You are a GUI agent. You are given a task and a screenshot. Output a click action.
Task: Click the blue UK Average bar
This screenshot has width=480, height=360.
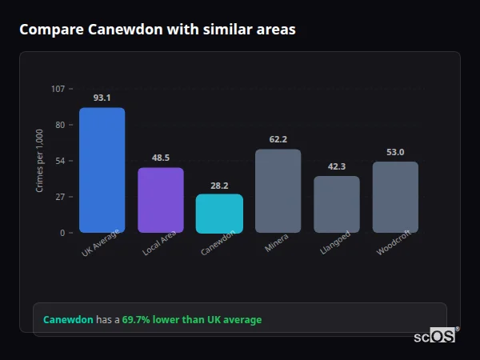coord(102,170)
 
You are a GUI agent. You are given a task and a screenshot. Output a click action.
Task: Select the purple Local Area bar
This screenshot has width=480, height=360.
coord(161,200)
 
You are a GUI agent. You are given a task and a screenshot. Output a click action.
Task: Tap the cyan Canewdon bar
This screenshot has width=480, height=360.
coord(219,214)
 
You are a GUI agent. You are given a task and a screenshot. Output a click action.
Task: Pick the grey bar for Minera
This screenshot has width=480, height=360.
coord(278,190)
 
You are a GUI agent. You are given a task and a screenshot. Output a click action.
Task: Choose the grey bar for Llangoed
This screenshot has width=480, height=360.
coord(337,204)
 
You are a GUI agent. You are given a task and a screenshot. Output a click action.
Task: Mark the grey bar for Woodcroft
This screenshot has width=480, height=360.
coord(395,197)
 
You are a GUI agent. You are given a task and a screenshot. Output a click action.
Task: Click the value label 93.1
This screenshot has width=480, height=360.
coord(102,98)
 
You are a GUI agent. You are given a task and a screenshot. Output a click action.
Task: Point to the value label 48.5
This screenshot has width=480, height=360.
coord(161,158)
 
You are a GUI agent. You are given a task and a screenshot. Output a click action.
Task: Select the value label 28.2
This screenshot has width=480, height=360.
coord(219,185)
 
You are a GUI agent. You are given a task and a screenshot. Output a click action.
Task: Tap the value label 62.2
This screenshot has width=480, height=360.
coord(278,139)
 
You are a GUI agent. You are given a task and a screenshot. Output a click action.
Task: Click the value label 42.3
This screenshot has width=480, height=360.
coord(337,166)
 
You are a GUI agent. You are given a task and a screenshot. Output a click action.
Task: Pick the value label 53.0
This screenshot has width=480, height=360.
coord(395,152)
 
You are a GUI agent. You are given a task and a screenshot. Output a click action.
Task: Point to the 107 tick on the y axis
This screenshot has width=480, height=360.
coord(58,88)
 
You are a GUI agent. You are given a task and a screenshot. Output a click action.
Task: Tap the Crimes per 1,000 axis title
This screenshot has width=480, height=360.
coord(40,160)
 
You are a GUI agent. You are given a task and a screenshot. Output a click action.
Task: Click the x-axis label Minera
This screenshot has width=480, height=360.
coord(277,243)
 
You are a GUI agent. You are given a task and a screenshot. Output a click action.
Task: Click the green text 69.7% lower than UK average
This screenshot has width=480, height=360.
coord(192,320)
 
